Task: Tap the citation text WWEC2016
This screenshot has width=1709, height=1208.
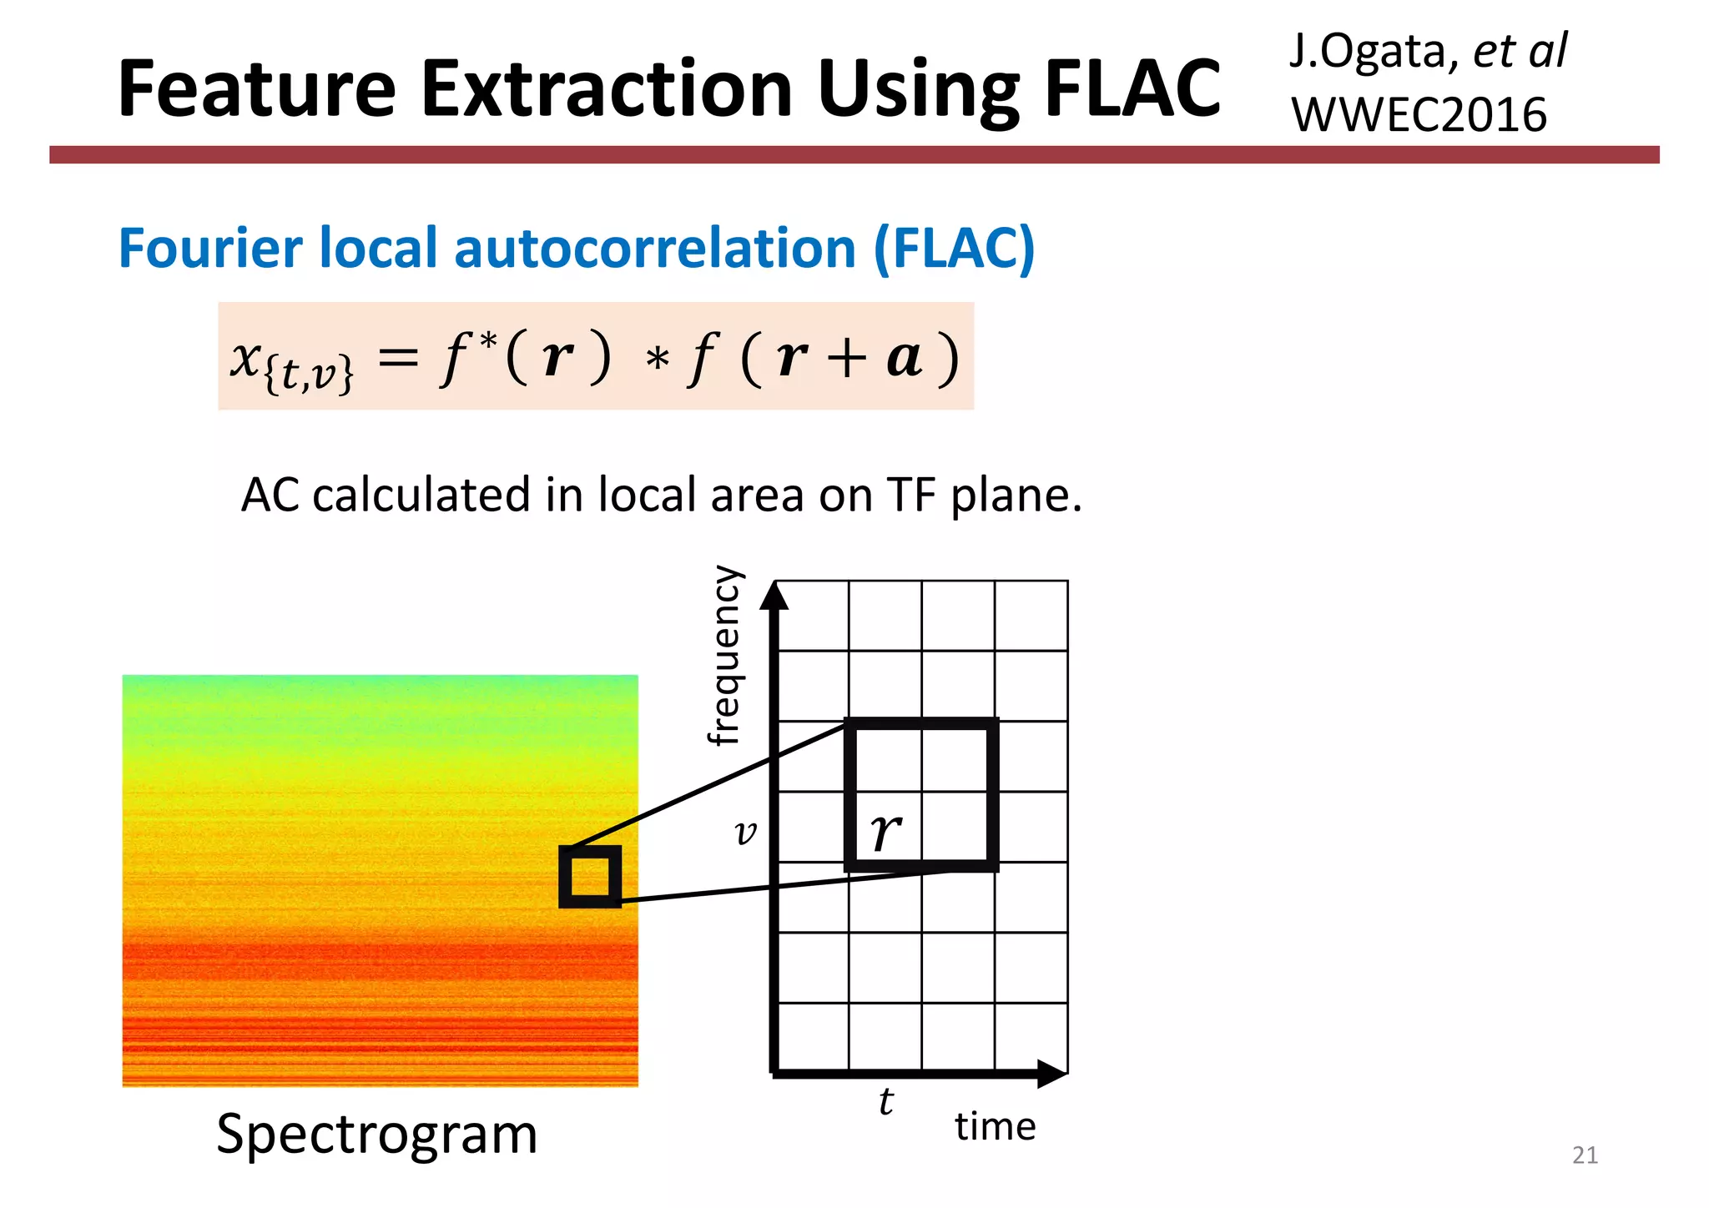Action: [x=1419, y=114]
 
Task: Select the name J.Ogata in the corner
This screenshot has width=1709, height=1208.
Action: [x=1369, y=52]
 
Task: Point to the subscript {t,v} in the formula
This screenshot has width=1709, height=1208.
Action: [x=308, y=373]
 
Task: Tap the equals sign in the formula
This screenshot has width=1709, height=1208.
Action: [x=398, y=359]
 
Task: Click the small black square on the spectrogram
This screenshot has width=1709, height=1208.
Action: [x=590, y=876]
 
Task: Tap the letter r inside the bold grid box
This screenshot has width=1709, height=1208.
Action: [x=885, y=831]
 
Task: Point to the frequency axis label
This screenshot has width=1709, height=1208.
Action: [x=723, y=655]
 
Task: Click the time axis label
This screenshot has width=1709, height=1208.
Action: [x=995, y=1126]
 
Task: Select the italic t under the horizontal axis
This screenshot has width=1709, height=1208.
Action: [x=885, y=1101]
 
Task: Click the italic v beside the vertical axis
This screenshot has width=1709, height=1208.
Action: [x=745, y=832]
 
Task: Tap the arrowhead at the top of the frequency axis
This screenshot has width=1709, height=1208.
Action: [x=775, y=595]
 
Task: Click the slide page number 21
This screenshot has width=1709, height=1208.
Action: [x=1584, y=1155]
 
